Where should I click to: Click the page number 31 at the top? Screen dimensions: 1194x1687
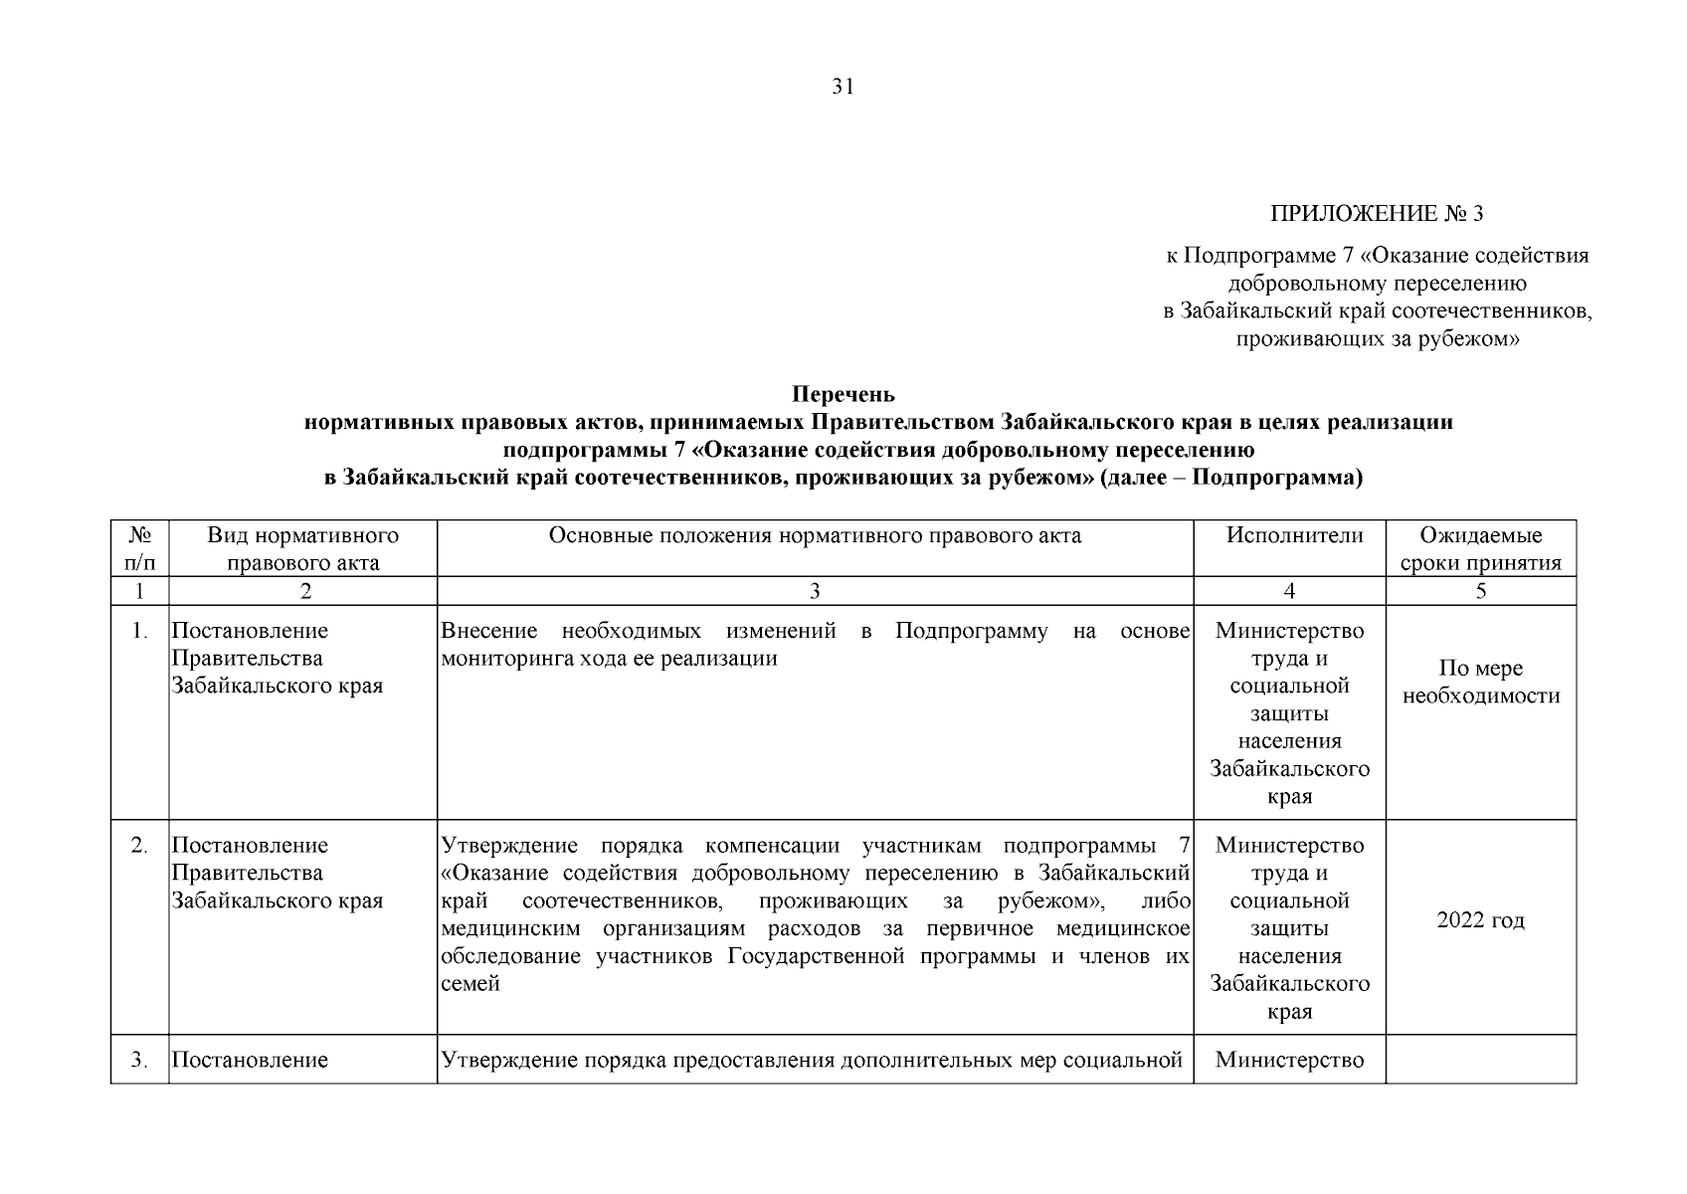(x=843, y=88)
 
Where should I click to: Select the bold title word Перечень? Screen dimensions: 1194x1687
(x=843, y=395)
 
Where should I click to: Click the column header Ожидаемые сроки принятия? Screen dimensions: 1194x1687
(x=1480, y=549)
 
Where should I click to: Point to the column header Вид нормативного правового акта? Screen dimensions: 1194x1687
(x=303, y=549)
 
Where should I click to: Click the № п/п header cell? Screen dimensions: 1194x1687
(x=140, y=549)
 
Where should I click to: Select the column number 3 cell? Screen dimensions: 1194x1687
(x=815, y=591)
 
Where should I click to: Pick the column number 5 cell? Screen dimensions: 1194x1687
(x=1480, y=591)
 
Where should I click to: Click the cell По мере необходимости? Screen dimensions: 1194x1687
(x=1480, y=683)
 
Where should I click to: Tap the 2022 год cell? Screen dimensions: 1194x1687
(x=1480, y=920)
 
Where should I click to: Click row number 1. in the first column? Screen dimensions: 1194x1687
(x=140, y=631)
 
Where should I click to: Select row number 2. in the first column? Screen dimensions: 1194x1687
(x=140, y=846)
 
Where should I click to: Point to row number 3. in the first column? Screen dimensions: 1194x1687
(x=140, y=1061)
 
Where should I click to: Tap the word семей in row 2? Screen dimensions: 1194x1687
(x=469, y=984)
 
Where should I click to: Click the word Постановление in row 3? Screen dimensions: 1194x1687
(x=250, y=1061)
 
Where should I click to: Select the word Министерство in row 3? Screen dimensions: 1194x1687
(x=1289, y=1061)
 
